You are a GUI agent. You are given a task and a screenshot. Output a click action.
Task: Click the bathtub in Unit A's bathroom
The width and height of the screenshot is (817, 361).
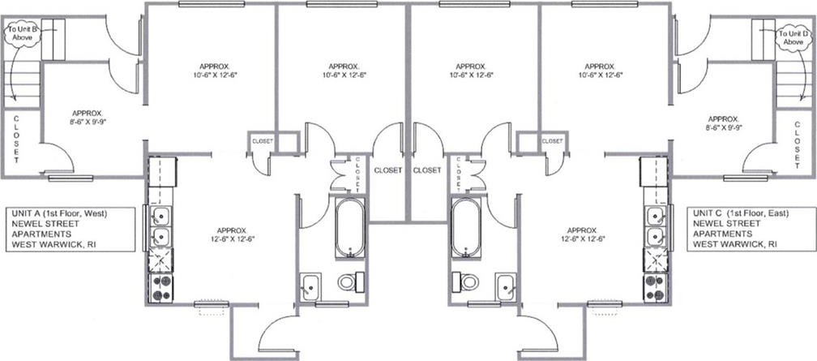click(x=349, y=227)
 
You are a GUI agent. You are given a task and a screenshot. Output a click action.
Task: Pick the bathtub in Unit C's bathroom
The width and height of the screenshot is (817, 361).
click(x=466, y=227)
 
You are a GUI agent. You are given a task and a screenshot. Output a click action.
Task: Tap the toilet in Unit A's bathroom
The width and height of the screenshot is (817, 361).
click(x=351, y=281)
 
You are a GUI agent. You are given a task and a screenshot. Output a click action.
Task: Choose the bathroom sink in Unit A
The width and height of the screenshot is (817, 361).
click(x=310, y=287)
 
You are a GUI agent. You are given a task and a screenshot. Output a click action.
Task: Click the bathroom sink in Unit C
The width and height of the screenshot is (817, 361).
click(x=506, y=287)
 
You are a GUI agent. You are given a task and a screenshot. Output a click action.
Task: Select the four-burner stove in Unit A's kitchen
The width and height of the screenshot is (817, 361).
click(x=162, y=288)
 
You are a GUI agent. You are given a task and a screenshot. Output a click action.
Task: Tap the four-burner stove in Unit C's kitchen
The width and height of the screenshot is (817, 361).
click(x=655, y=288)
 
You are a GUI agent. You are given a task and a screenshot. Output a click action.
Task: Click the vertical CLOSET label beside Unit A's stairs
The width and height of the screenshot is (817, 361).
click(x=16, y=139)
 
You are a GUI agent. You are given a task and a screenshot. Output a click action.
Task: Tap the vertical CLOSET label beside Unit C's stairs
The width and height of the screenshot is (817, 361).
click(x=798, y=145)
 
